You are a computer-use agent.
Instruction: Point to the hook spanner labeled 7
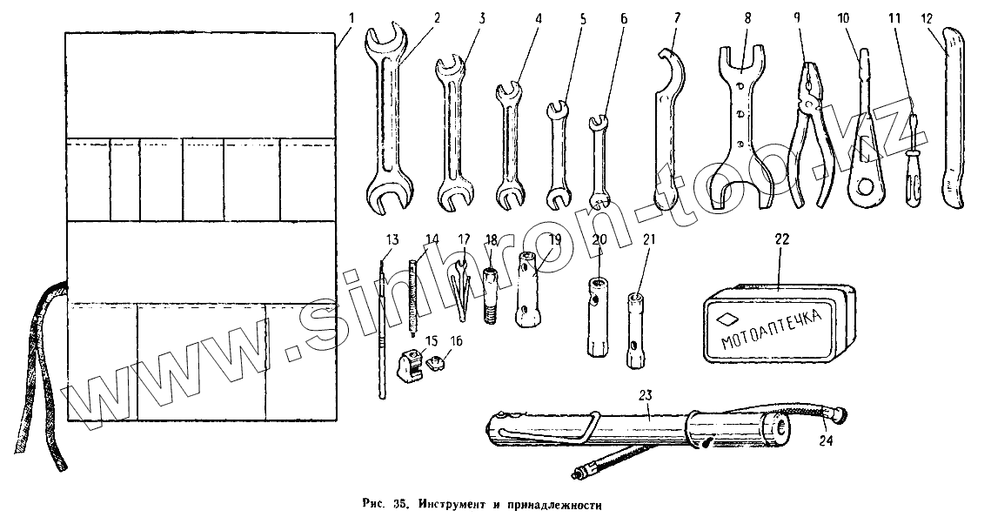pos(666,131)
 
